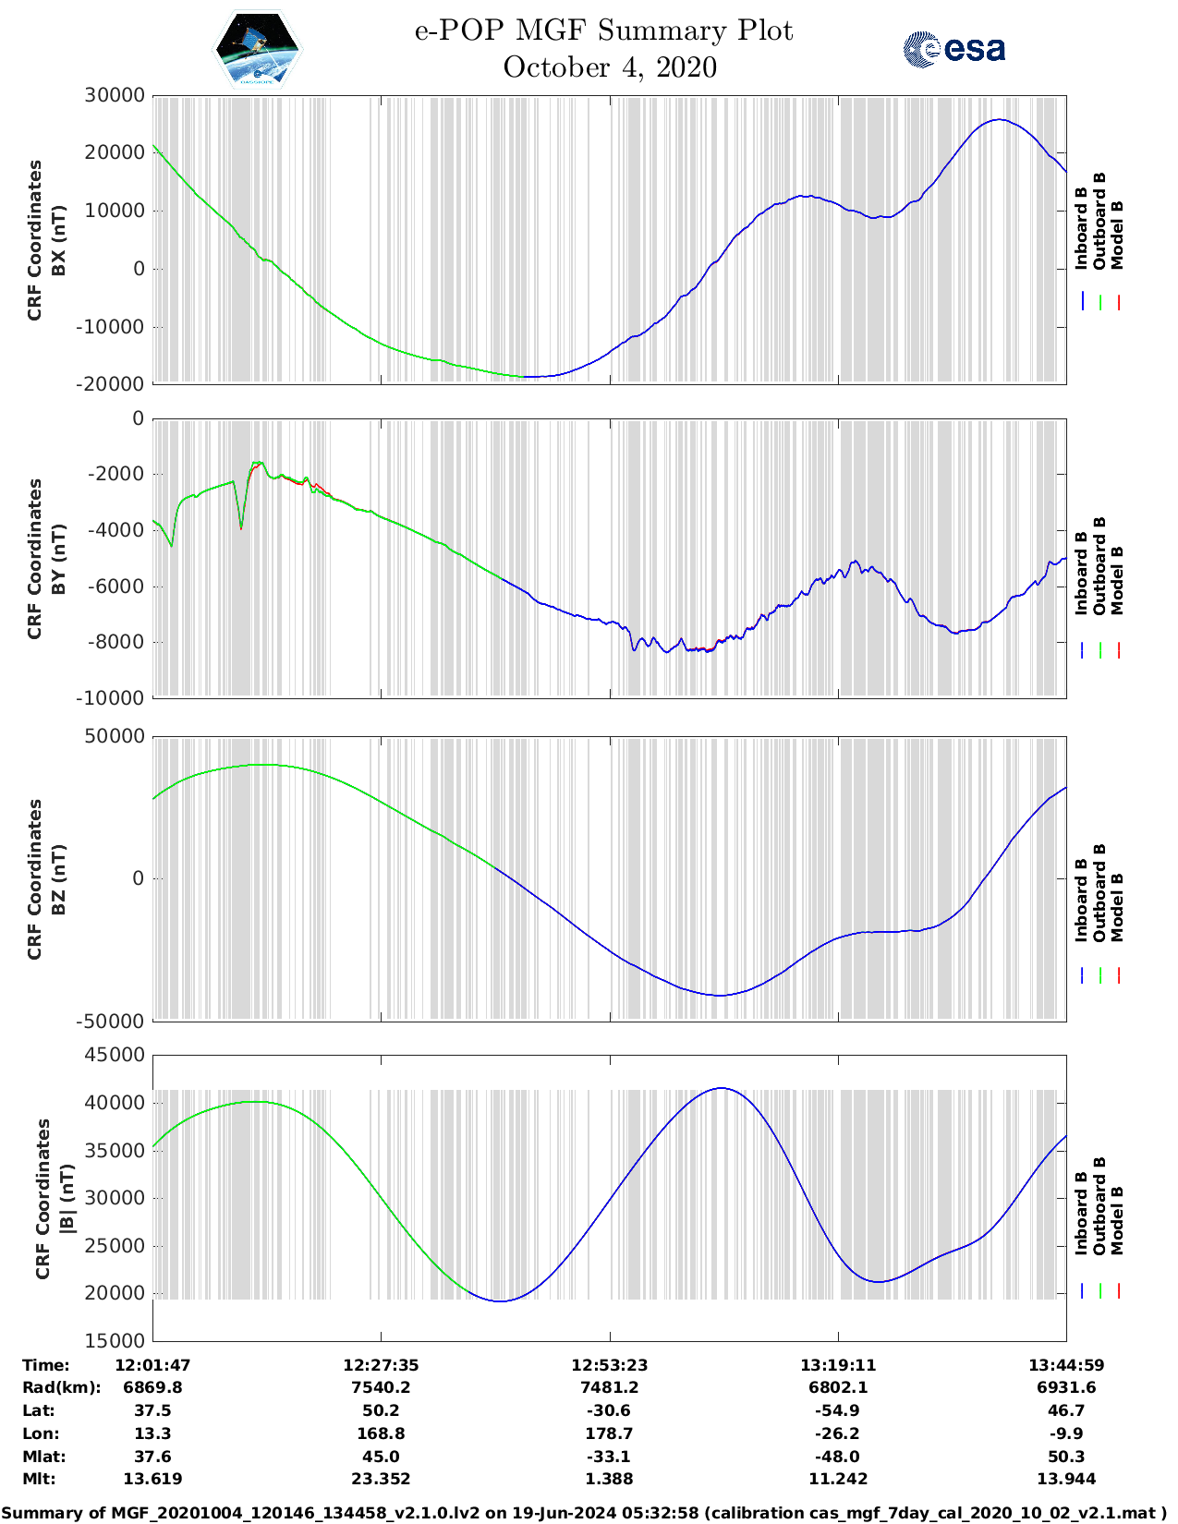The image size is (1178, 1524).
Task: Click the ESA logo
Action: click(954, 49)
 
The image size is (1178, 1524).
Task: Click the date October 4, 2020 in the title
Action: click(610, 67)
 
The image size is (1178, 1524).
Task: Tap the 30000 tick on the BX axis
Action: click(115, 95)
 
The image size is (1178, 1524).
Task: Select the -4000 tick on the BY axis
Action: click(117, 530)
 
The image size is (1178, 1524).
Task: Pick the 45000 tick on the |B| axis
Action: click(115, 1055)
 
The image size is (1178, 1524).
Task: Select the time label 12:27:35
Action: click(381, 1365)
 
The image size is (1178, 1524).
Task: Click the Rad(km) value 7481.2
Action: click(609, 1387)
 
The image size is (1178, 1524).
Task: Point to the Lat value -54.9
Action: click(838, 1410)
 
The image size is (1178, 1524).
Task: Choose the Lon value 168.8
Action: click(381, 1433)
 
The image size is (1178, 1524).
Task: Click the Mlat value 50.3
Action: click(1066, 1457)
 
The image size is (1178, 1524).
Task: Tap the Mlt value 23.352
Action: click(381, 1479)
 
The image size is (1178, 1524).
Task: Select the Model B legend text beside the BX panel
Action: click(1117, 235)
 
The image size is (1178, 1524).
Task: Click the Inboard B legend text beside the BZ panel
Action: click(1082, 900)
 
